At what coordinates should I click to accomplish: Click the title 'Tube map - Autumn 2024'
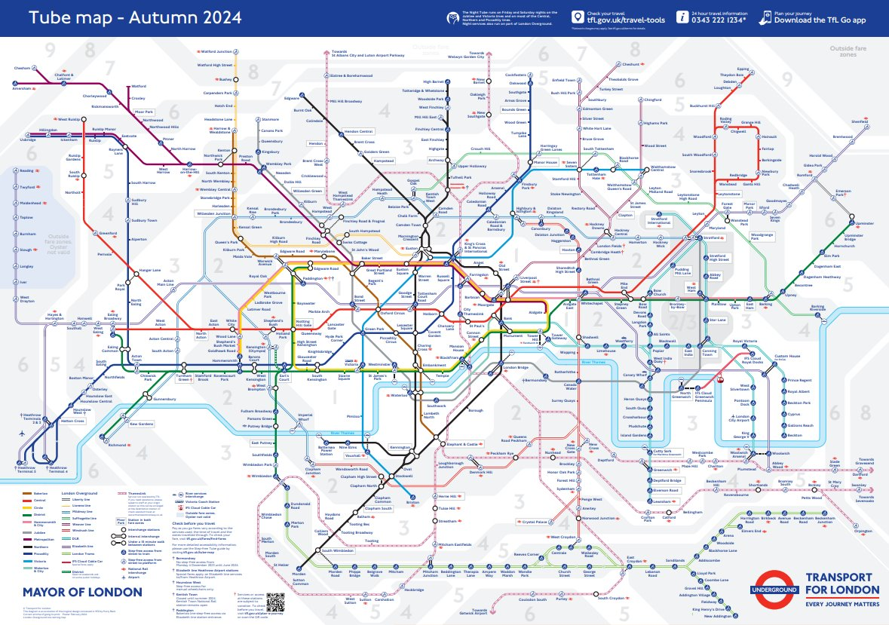pyautogui.click(x=136, y=17)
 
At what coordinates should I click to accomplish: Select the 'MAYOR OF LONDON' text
pyautogui.click(x=82, y=591)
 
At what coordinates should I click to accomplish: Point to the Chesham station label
pyautogui.click(x=22, y=68)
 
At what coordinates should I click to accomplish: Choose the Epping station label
pyautogui.click(x=743, y=69)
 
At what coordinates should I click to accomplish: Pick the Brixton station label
pyautogui.click(x=412, y=502)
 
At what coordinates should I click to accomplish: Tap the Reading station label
pyautogui.click(x=28, y=170)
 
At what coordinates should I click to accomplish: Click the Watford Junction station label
pyautogui.click(x=216, y=52)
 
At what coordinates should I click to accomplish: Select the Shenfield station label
pyautogui.click(x=860, y=121)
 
